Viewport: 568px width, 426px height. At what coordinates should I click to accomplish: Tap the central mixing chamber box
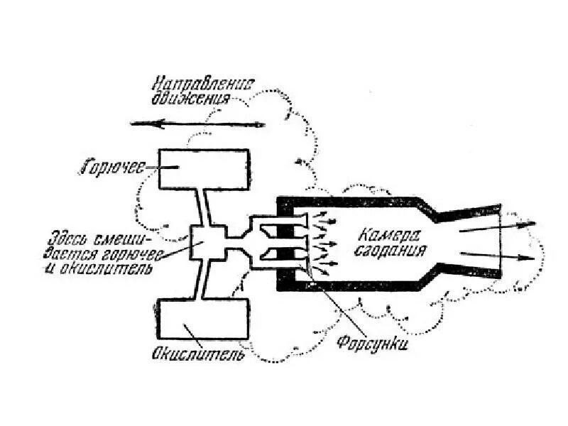207,244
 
